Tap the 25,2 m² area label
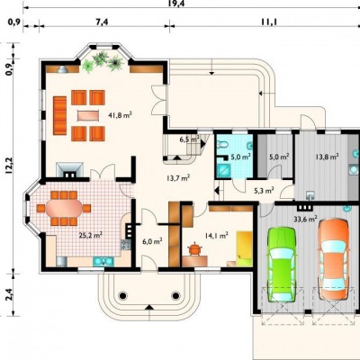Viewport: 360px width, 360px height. click(x=91, y=235)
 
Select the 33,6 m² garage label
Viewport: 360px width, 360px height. click(x=305, y=220)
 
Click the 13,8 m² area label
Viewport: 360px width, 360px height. click(x=327, y=157)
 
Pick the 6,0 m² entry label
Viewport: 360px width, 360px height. click(x=152, y=241)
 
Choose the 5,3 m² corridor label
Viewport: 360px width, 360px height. click(x=264, y=190)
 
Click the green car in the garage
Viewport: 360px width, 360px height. click(x=282, y=265)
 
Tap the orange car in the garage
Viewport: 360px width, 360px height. click(x=334, y=259)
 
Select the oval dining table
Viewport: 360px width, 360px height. click(x=64, y=208)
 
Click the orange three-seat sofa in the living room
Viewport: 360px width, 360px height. click(x=59, y=115)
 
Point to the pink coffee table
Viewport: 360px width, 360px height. click(x=88, y=115)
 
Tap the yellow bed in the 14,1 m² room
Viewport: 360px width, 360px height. click(x=244, y=248)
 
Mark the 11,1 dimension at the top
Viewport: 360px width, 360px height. click(x=269, y=22)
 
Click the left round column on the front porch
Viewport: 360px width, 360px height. click(x=122, y=296)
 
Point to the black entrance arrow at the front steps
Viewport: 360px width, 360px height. click(x=149, y=307)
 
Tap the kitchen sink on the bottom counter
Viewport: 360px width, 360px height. click(x=103, y=261)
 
